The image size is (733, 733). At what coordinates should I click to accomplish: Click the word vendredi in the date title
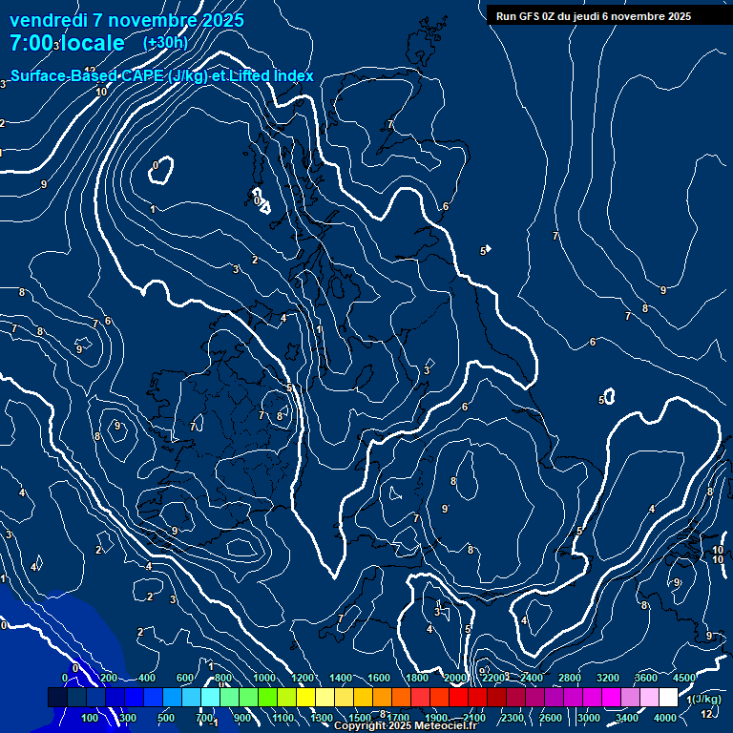coord(47,20)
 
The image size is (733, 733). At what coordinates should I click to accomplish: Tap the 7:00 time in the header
coord(31,43)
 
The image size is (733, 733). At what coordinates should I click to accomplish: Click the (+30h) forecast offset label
coord(165,43)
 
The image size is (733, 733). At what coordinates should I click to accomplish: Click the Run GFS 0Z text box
coord(594,15)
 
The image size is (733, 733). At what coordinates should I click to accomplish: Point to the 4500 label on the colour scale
coord(684,678)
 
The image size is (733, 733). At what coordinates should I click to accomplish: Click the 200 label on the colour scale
coord(109,678)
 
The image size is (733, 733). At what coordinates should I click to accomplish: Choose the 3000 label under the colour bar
coord(589,718)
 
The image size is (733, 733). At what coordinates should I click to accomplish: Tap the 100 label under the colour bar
coord(91,718)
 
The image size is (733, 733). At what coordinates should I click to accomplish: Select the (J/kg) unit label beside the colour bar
coord(706,700)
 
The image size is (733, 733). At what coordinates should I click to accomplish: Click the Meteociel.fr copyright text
coord(405,726)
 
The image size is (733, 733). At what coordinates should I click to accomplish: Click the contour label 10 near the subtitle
coord(101,92)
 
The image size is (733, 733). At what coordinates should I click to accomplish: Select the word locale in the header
coord(92,43)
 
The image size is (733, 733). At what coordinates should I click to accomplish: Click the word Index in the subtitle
coord(294,75)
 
